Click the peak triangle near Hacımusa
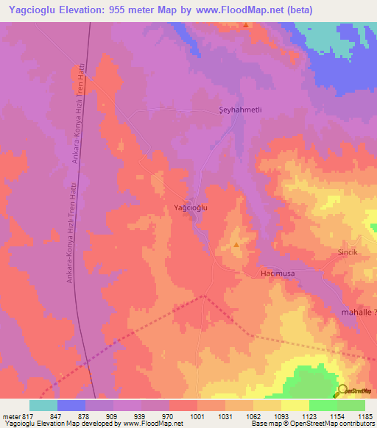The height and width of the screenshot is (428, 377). click(x=236, y=244)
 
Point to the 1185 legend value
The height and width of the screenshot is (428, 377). click(x=365, y=415)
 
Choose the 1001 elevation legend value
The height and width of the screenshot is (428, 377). click(x=197, y=415)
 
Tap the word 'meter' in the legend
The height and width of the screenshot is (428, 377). click(x=10, y=415)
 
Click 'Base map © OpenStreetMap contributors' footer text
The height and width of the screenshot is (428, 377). click(x=313, y=424)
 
